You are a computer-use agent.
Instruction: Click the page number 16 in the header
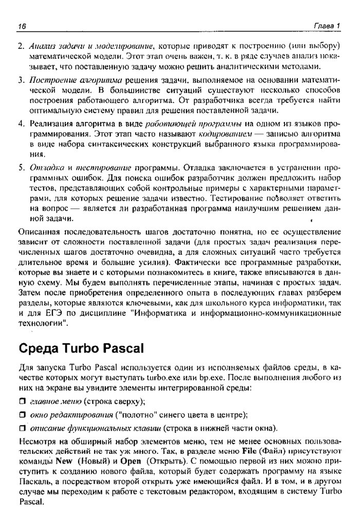22,26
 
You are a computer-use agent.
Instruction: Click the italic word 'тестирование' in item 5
103,168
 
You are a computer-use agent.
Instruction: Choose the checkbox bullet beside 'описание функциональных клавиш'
22,428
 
